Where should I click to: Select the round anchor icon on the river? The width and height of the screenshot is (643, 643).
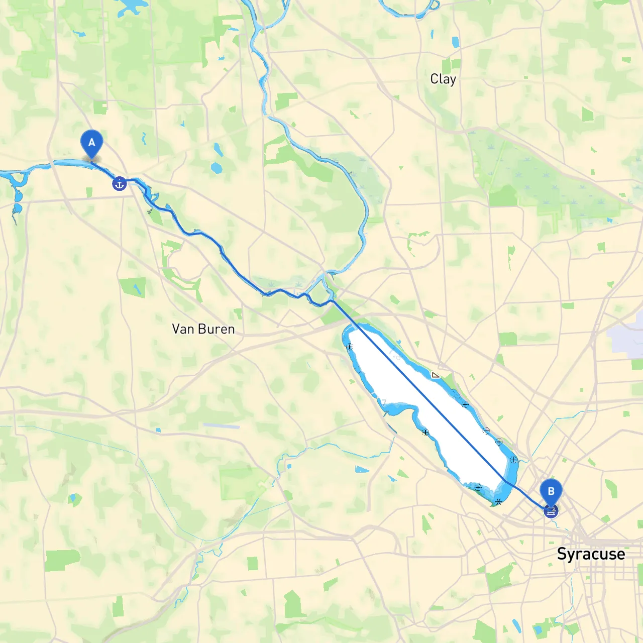[119, 184]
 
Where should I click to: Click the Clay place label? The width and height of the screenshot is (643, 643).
[443, 79]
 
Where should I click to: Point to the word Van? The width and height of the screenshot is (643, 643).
[183, 329]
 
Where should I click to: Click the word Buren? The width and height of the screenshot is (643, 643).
[218, 329]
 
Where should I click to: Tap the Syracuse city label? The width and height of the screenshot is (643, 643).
[591, 554]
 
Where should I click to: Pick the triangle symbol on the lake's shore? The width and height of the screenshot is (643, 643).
[435, 375]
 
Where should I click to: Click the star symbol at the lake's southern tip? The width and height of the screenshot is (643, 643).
[498, 502]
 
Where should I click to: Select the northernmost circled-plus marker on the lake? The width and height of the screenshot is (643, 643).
[350, 347]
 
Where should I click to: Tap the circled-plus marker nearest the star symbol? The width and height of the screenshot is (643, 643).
[478, 487]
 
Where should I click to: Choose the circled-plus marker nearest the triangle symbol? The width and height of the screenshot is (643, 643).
[465, 404]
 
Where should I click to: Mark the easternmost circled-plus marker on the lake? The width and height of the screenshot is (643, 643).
[513, 460]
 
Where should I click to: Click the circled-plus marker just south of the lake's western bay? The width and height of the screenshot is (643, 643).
[425, 432]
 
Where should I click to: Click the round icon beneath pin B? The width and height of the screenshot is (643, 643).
[551, 511]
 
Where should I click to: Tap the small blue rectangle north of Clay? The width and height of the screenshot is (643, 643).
[456, 42]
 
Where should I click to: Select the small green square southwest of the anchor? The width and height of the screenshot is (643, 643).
[89, 192]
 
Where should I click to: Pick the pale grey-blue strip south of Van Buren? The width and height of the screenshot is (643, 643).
[222, 426]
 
